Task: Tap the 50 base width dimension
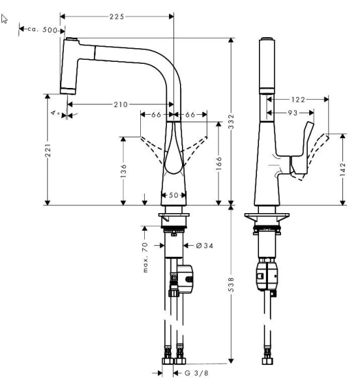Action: [x=174, y=195]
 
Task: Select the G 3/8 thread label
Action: [x=197, y=373]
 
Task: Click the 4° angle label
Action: [x=57, y=114]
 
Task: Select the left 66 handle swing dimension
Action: [x=156, y=115]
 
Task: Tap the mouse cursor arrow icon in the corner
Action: [x=6, y=20]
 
